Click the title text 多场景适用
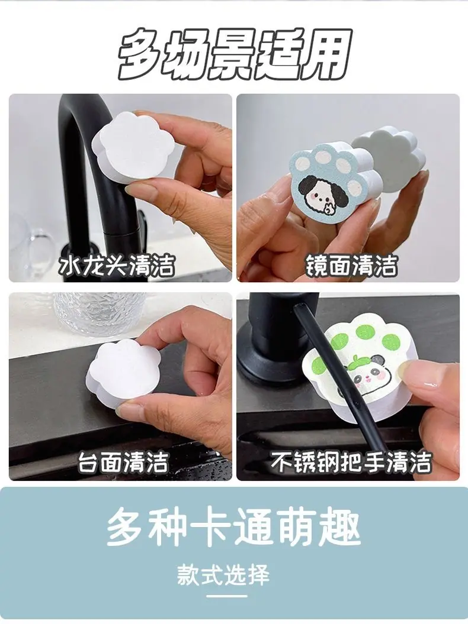(x=235, y=54)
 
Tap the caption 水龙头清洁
(x=117, y=266)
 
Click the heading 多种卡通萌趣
(x=233, y=526)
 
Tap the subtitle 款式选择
(x=224, y=575)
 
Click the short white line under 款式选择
(x=227, y=596)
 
